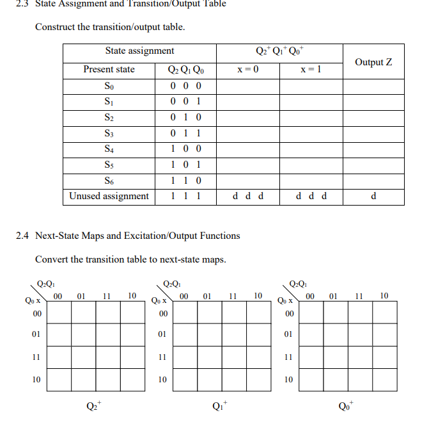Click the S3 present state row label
coord(109,133)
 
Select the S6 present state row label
coord(109,181)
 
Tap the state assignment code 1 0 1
coord(186,165)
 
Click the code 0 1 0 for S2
coord(186,117)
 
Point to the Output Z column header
coord(373,61)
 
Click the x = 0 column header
coord(247,69)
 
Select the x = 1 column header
coord(311,69)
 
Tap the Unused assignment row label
coord(109,196)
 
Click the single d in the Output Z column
coord(373,196)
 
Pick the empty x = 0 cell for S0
coord(247,86)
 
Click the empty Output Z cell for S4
coord(373,149)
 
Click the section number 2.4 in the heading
coord(22,236)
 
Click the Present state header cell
coord(109,69)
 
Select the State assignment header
coord(139,51)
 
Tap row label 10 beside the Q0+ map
coord(288,380)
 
